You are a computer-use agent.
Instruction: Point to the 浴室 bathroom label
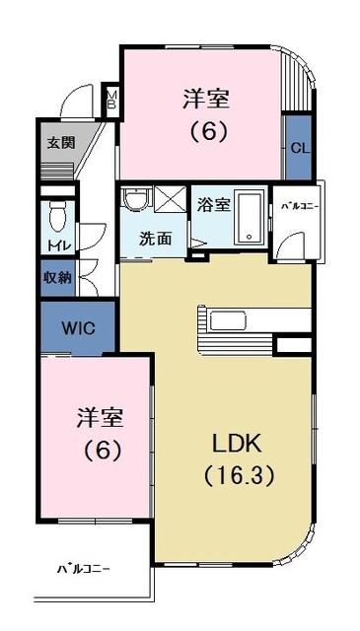coord(214,205)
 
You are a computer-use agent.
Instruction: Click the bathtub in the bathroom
coord(251,219)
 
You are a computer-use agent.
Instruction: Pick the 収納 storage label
coord(56,278)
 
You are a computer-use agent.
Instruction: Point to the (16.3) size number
coord(239,474)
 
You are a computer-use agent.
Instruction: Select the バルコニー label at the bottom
coord(83,569)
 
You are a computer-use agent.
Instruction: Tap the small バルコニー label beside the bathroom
coord(298,207)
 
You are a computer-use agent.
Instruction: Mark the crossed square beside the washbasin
coord(171,198)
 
